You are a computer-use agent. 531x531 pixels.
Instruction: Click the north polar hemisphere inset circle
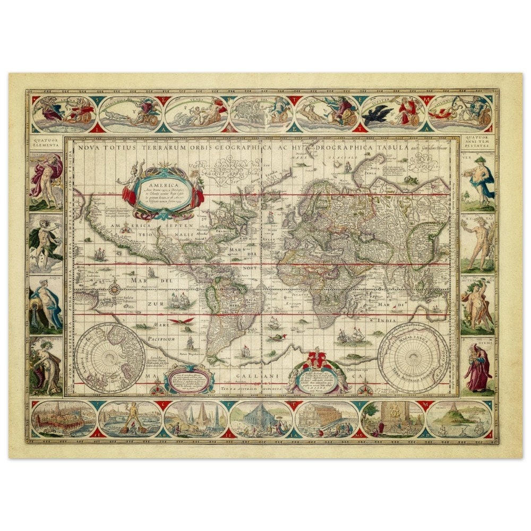[110, 357]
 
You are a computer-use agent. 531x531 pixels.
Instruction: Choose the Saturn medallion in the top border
[459, 114]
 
